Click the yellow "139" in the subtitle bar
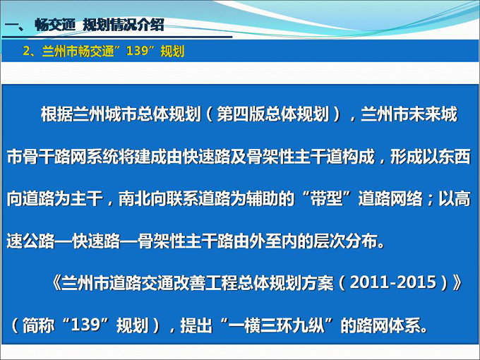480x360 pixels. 137,51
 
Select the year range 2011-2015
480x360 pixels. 393,282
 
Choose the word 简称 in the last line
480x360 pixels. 39,325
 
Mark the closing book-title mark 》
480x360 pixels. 457,282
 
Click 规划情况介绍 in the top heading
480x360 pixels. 124,25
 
